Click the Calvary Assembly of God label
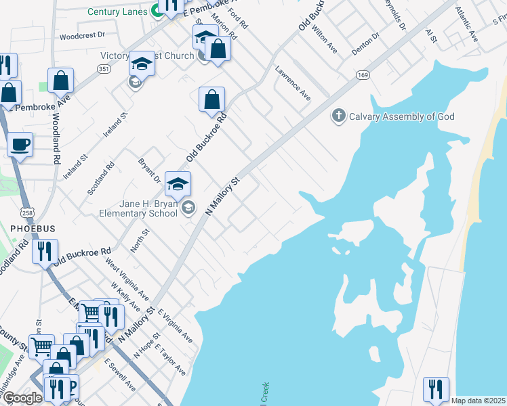[401, 116]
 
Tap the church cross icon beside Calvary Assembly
[338, 116]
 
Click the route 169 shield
[363, 75]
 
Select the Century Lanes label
[117, 12]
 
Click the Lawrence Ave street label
[293, 83]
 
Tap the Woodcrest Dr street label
[83, 35]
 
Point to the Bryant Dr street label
[149, 171]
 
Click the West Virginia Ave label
[127, 282]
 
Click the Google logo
[23, 399]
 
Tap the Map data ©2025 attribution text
[478, 401]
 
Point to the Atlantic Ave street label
[467, 24]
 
